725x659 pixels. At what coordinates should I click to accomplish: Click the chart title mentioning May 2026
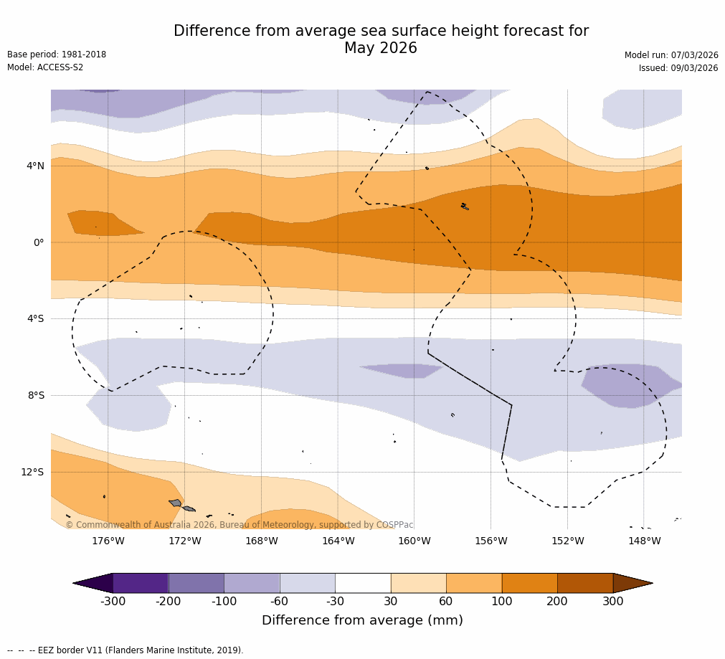pos(381,40)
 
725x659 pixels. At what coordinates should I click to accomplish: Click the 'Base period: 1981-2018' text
pos(57,54)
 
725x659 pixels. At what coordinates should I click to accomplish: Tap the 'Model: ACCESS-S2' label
pos(45,67)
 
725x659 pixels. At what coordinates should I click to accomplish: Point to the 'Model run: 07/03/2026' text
pos(670,55)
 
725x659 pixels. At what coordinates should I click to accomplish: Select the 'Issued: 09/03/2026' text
pos(678,68)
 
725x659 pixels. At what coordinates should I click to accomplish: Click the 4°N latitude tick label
pos(35,166)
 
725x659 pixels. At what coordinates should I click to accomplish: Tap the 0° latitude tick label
pos(39,242)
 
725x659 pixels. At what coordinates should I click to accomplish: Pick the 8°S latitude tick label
pos(36,395)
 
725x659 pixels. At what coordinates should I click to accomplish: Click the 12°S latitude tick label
pos(32,472)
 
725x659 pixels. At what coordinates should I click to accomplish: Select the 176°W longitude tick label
pos(108,541)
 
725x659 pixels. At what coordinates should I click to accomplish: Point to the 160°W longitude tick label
pos(414,541)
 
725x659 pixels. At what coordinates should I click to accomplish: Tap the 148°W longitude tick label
pos(644,541)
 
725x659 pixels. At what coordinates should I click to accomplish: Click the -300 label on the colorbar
pos(113,602)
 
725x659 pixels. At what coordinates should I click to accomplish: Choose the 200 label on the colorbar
pos(557,602)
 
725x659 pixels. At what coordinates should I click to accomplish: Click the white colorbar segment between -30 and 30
pos(363,583)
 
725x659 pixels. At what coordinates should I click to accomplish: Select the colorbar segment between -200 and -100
pos(196,583)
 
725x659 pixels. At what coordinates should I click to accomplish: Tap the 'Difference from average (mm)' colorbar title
pos(362,620)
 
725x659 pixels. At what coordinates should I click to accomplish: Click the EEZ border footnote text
pos(125,650)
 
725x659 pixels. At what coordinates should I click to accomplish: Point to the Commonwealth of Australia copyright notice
pos(240,525)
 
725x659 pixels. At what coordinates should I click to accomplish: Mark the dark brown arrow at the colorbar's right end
pos(631,583)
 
